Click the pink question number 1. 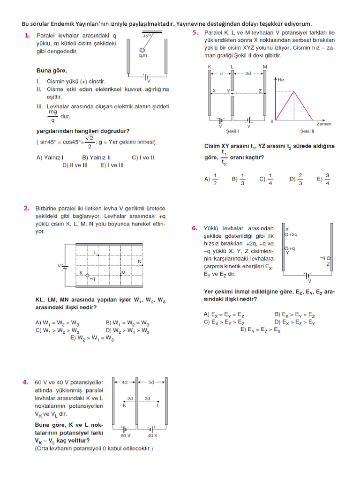coord(27,36)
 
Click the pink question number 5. coord(195,33)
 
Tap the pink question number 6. coord(195,228)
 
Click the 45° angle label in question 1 coord(147,36)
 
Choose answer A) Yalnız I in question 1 coord(51,158)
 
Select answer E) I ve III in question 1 coord(109,165)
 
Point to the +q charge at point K coord(92,278)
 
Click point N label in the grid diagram coord(139,261)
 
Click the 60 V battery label coord(124,436)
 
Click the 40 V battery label coord(152,436)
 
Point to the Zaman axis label coord(323,124)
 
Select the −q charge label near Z coord(322,258)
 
